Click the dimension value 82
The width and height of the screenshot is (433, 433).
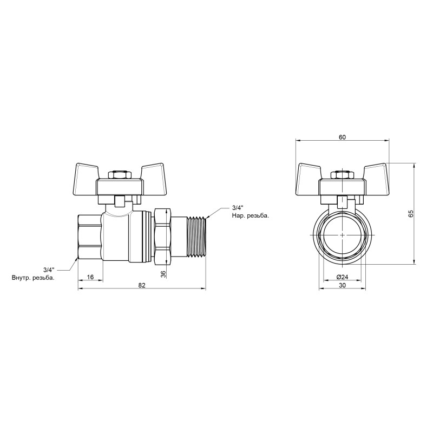click(x=142, y=285)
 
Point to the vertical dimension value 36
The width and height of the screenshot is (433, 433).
click(x=163, y=274)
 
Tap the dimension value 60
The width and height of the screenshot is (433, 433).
click(x=342, y=137)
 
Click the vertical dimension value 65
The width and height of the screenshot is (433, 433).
click(x=410, y=213)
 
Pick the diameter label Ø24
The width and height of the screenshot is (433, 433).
click(x=342, y=277)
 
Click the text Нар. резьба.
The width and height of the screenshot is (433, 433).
click(x=250, y=215)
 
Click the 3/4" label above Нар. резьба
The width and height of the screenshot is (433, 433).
click(x=238, y=207)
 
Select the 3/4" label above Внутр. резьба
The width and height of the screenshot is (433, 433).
click(x=49, y=269)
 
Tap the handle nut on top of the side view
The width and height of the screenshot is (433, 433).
click(x=119, y=176)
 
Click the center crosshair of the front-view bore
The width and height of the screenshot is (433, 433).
click(x=342, y=236)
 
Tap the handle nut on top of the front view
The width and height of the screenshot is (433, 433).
click(x=342, y=176)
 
